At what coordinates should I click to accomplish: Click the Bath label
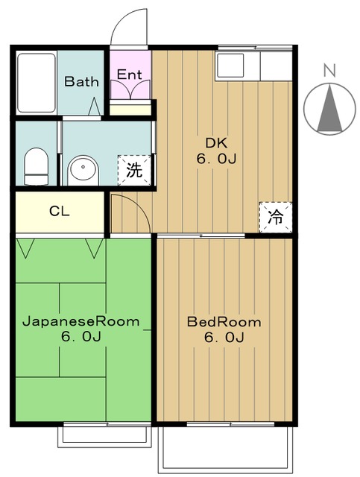coord(81,81)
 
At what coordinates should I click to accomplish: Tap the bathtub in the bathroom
coord(37,83)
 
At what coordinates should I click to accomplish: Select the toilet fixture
coord(37,166)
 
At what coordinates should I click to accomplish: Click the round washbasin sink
coord(83,171)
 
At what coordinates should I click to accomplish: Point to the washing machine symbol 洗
coord(134,170)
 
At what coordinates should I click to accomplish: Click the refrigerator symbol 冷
coord(275,217)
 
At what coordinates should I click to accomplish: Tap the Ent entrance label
coord(130,75)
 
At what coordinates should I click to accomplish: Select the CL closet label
coord(60,211)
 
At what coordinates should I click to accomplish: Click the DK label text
coord(216,142)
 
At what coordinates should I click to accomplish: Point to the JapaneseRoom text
coord(81,321)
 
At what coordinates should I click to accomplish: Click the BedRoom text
coord(224,322)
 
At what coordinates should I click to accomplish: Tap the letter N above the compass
coord(329,70)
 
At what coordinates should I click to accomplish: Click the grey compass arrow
coord(329,109)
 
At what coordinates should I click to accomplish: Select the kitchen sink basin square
coord(230,66)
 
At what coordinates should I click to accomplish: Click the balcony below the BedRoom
coord(225,449)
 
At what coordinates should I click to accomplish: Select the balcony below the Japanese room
coord(104,437)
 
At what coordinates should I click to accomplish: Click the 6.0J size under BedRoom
coord(224,337)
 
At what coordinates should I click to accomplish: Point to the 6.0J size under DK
coord(216,159)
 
